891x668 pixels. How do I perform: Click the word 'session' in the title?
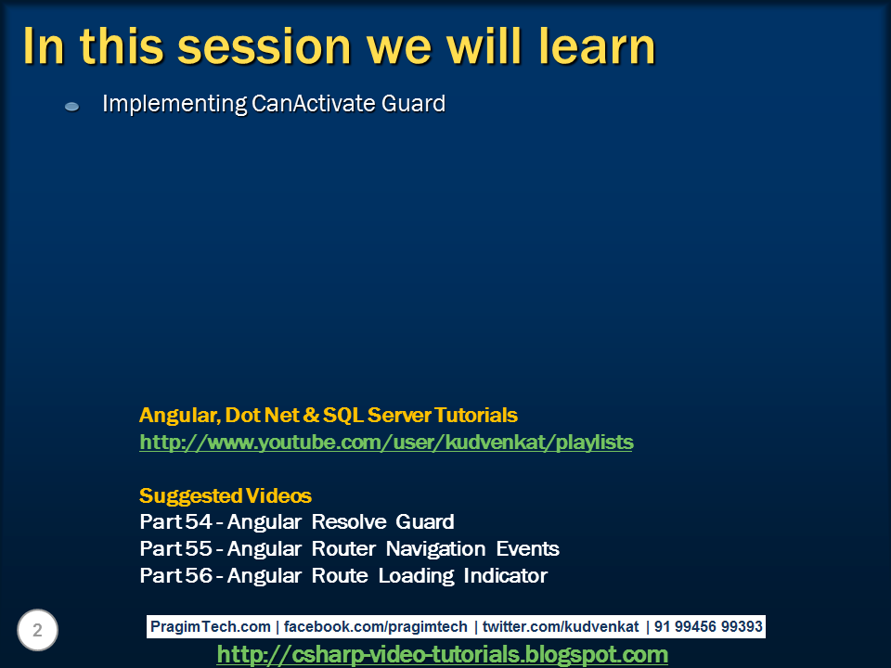pos(265,47)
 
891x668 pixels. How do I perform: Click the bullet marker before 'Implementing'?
pos(72,106)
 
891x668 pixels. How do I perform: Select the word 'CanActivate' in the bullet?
pos(313,103)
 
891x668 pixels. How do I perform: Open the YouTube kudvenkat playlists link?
pos(386,442)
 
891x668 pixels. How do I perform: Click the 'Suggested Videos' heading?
pos(226,495)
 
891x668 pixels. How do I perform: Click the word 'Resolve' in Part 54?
pos(349,521)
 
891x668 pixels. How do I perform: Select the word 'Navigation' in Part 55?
pos(436,548)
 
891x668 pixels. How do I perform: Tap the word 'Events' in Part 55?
pos(528,548)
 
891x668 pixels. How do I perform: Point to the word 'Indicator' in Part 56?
pos(505,575)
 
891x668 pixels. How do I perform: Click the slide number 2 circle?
pos(37,630)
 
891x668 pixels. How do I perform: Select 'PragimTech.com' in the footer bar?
pos(211,626)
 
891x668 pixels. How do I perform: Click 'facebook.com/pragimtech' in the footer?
pos(376,626)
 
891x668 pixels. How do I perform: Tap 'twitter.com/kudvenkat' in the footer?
pos(561,626)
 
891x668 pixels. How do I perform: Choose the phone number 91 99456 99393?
pos(708,626)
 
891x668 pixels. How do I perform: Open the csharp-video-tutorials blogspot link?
pos(443,654)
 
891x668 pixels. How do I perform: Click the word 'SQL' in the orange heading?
pos(343,416)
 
